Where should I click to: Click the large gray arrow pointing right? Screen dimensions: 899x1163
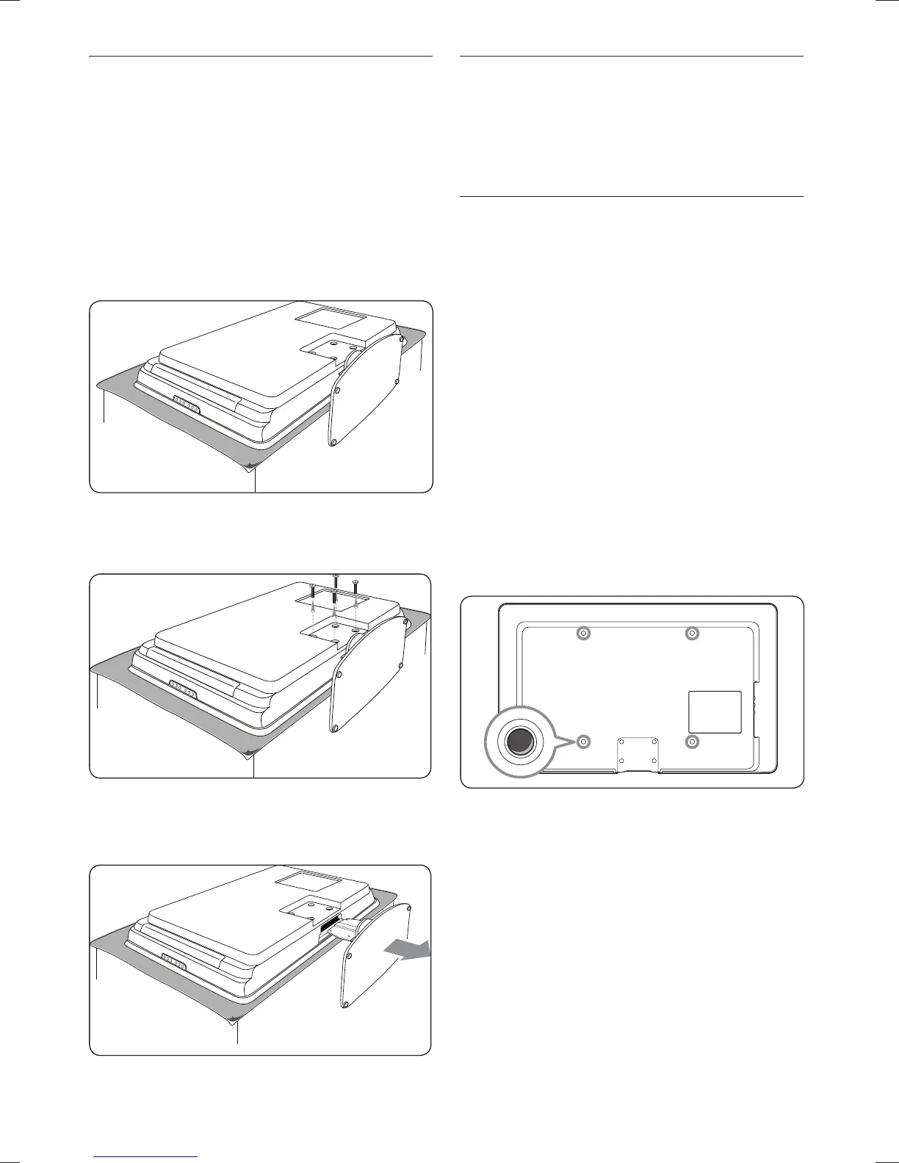(x=408, y=950)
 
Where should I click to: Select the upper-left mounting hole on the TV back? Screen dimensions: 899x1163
(x=583, y=633)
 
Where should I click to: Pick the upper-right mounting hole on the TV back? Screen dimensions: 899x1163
(x=691, y=633)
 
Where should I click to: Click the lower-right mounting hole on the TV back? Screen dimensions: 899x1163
(x=691, y=742)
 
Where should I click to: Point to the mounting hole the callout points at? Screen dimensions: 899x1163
(x=583, y=742)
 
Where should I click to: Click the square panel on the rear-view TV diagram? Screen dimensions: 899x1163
(x=714, y=711)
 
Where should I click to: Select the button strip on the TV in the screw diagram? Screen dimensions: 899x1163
(x=183, y=690)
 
